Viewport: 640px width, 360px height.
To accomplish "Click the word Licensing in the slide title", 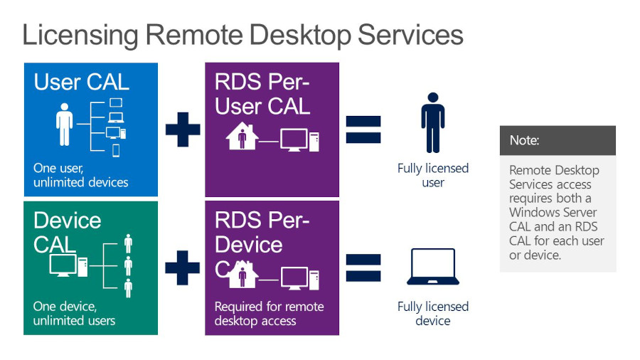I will [x=80, y=34].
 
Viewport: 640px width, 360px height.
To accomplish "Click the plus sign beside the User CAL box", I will [x=183, y=129].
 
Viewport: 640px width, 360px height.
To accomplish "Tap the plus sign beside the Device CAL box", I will [x=183, y=268].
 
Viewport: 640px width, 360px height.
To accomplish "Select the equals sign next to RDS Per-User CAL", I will [x=363, y=129].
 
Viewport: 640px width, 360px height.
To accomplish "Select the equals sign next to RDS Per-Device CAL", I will [x=363, y=268].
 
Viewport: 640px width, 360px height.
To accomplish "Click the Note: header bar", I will [x=558, y=140].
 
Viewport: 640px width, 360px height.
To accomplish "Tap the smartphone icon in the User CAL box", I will [x=116, y=151].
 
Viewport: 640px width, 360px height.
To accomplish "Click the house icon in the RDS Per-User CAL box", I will [x=242, y=137].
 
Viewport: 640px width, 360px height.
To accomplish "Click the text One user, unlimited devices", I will [x=81, y=176].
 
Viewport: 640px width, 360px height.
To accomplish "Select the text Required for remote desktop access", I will [x=269, y=314].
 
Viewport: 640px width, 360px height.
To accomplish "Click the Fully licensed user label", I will [x=432, y=175].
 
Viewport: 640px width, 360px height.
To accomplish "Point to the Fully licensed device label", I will [x=432, y=314].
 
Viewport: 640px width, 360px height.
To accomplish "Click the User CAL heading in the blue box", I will [x=81, y=82].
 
